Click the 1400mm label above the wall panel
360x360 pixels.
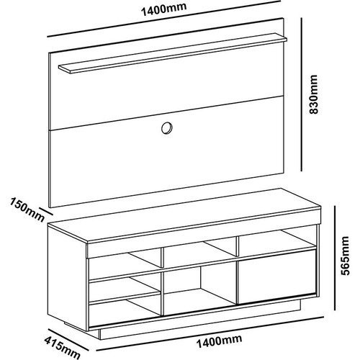pos(163,9)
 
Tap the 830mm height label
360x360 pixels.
pos(313,94)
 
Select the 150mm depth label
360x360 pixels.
pos(27,210)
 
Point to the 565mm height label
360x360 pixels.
pos(346,256)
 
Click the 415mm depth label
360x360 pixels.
pos(63,347)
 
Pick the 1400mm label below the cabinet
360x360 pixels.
pos(219,341)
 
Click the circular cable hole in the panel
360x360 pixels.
pos(167,127)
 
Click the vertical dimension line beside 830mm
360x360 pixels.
pos(302,95)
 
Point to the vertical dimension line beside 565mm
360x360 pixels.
pos(334,258)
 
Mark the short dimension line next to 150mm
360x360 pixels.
pos(45,211)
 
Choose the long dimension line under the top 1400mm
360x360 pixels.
pos(163,19)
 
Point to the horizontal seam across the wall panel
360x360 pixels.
pos(167,113)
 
